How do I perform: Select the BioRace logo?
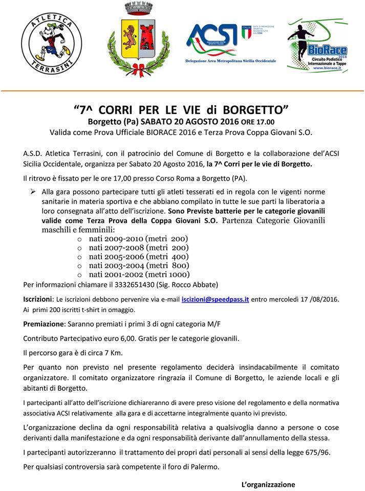pos(317,46)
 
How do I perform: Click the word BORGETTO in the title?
pos(251,110)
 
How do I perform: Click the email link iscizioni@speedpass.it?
pos(215,299)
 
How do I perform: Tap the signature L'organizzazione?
pos(268,484)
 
